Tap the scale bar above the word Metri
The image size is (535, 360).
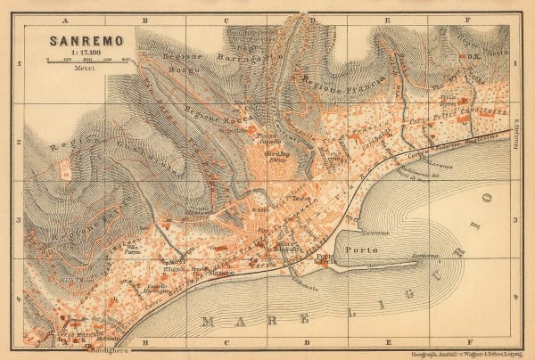pos(87,60)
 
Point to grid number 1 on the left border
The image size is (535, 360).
pos(19,64)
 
